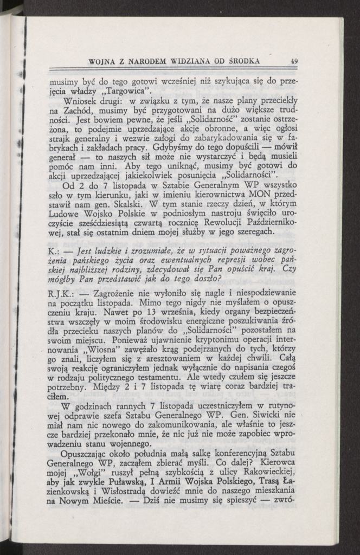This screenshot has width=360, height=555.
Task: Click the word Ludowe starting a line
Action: [66, 214]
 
